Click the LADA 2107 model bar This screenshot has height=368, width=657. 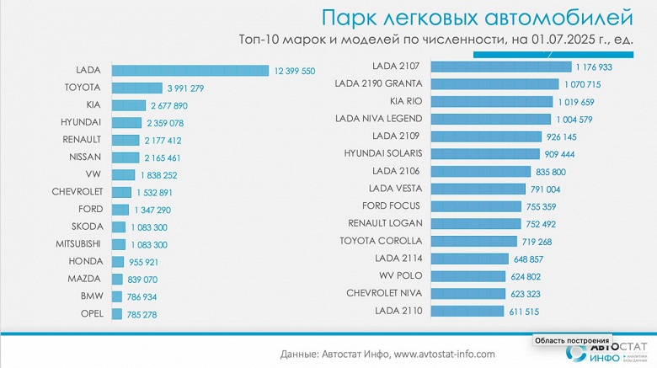pos(501,67)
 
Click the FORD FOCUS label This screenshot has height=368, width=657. pos(397,205)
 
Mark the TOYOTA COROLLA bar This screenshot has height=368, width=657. pos(474,241)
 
